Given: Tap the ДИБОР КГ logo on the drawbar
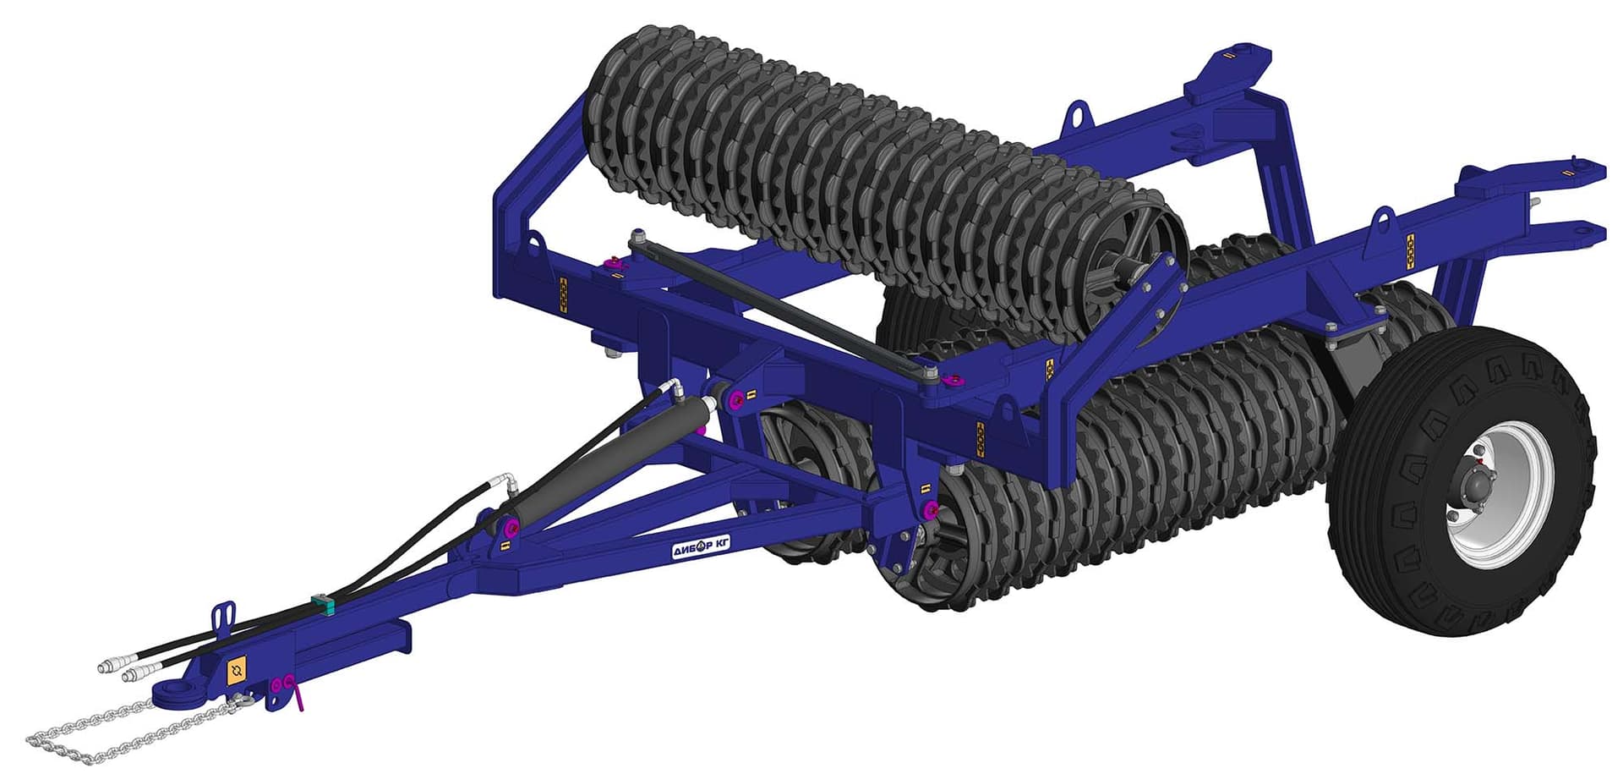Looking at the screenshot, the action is pos(701,546).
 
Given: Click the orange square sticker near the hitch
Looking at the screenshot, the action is pos(237,670).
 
